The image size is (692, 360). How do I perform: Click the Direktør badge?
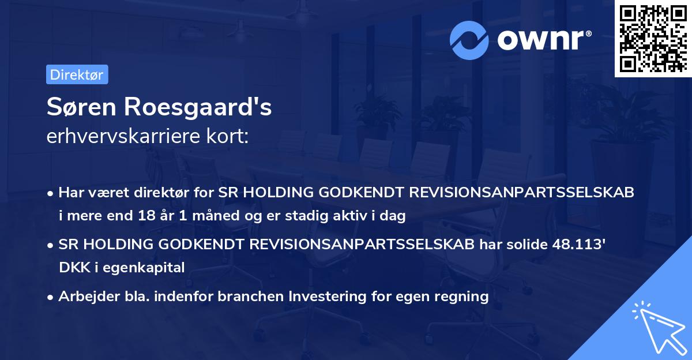point(77,74)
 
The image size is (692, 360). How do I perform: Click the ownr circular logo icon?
point(469,40)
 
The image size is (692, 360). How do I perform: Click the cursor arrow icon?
point(659,328)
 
